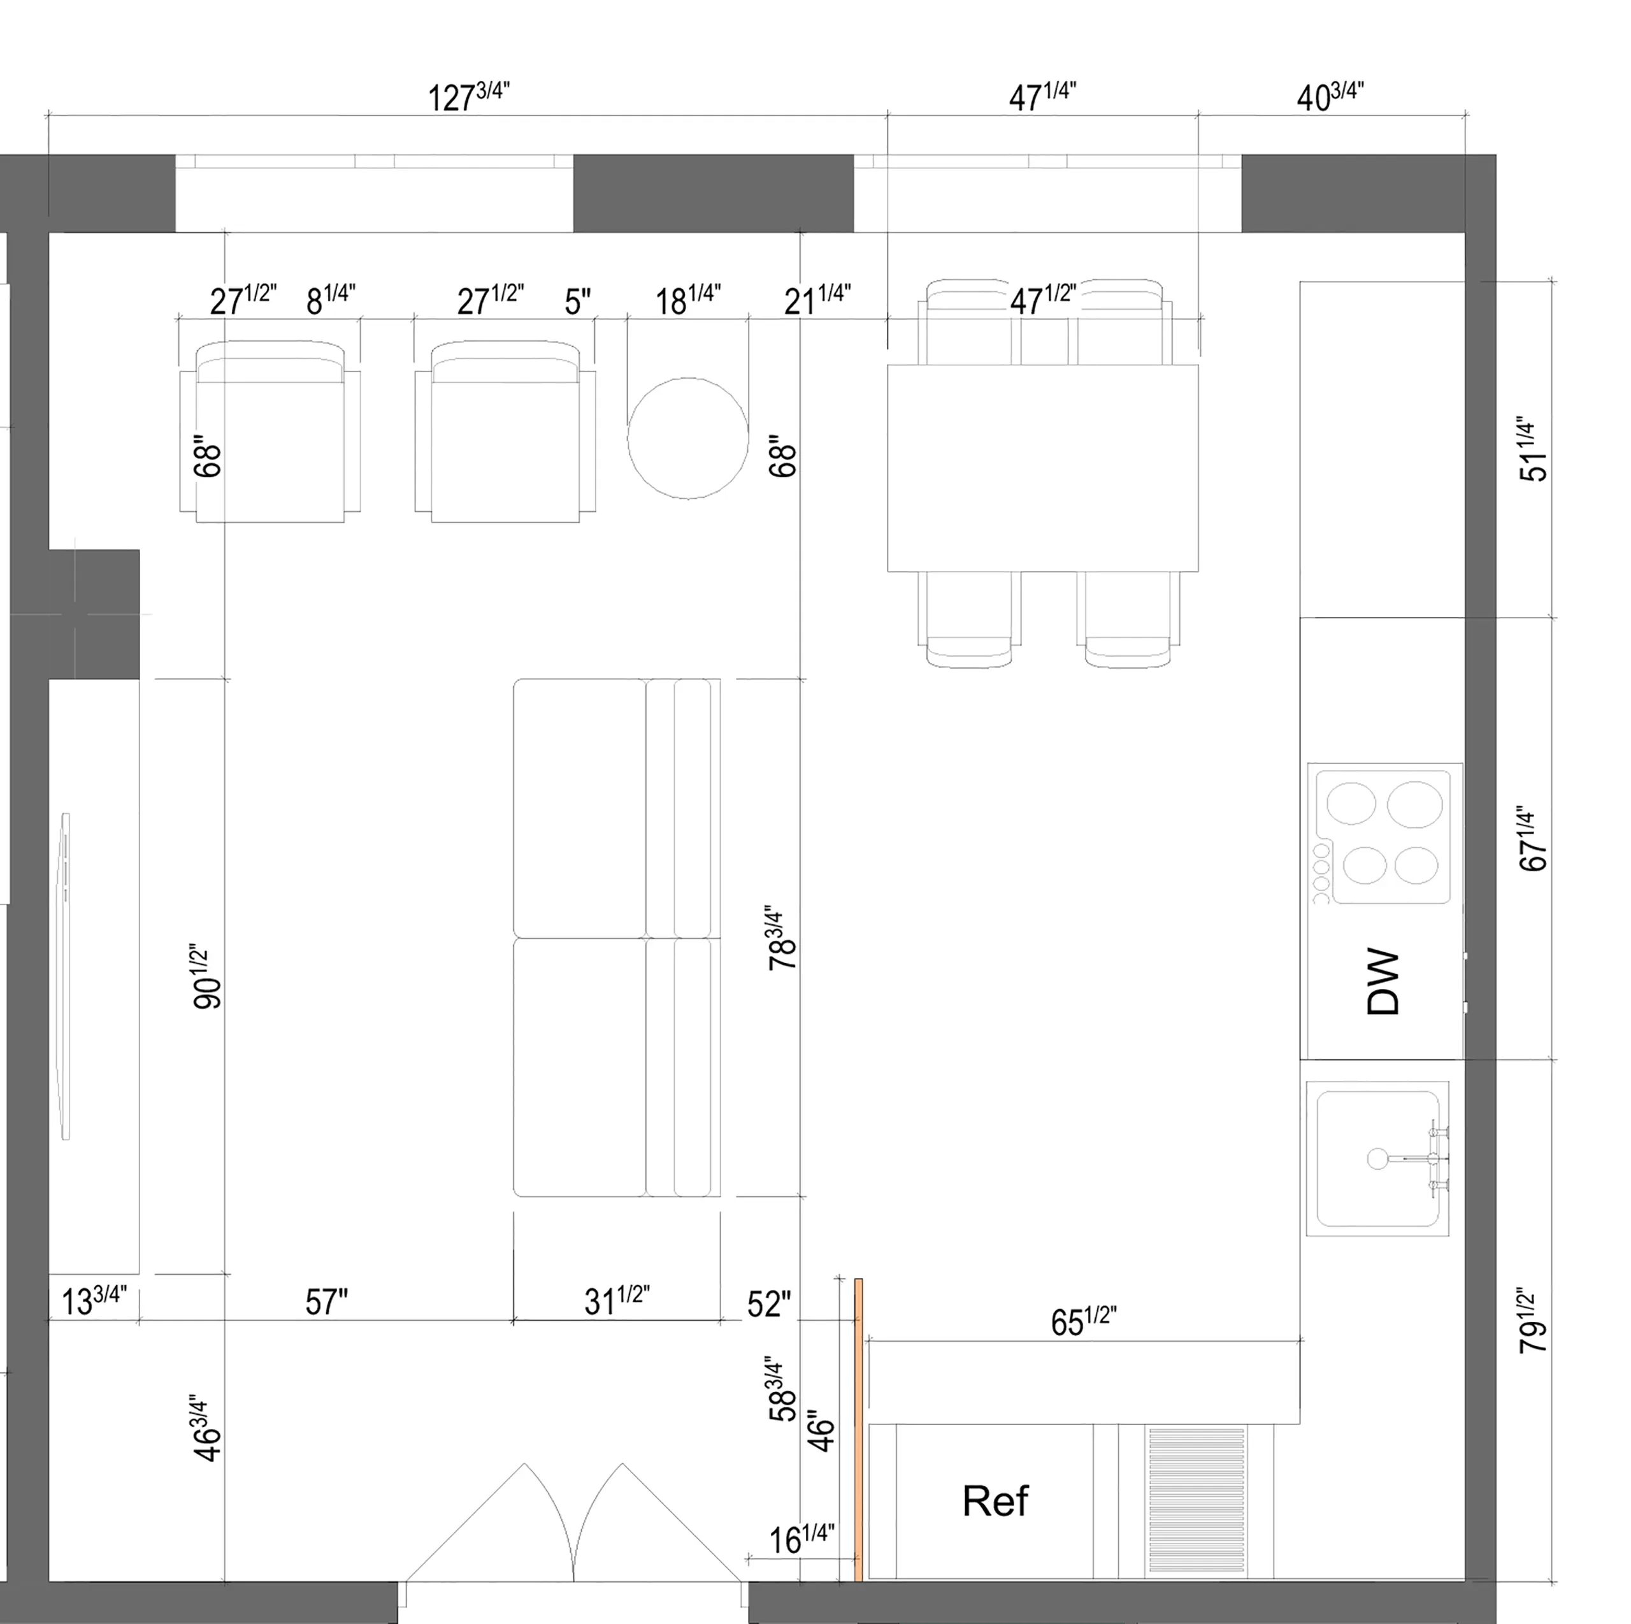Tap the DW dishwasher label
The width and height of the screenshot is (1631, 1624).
(x=1382, y=982)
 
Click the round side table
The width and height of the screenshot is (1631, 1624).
(x=687, y=437)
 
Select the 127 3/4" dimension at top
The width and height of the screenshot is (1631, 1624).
(x=468, y=96)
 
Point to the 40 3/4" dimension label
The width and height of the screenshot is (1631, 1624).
(x=1330, y=96)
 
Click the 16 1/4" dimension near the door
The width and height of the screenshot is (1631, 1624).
(x=801, y=1539)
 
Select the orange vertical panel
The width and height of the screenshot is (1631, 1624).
(x=859, y=1427)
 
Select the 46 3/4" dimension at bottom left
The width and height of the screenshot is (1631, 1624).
(x=208, y=1427)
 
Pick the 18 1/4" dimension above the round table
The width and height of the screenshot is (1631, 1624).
(x=687, y=299)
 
